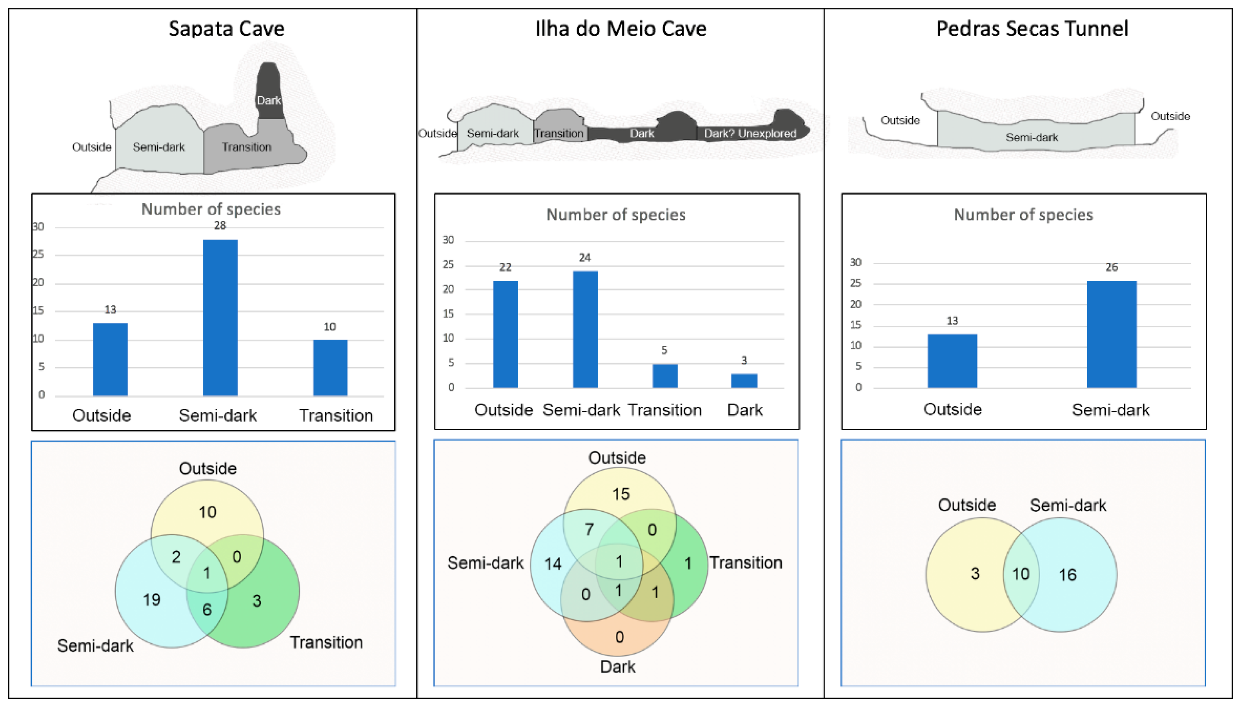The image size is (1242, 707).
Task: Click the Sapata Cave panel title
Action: [226, 29]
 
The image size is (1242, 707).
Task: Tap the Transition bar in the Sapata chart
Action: [330, 368]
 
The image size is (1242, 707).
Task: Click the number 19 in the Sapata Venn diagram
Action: [152, 600]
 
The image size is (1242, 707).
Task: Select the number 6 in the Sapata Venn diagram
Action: [207, 610]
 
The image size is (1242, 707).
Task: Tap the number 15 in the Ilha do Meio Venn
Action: [620, 494]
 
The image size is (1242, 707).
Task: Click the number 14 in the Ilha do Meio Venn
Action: [553, 564]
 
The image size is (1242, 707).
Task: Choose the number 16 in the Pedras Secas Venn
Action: [1067, 575]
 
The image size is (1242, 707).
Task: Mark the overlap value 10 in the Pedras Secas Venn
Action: [1021, 574]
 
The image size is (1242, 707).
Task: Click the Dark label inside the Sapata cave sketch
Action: [269, 101]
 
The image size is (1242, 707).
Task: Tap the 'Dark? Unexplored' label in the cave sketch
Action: [750, 133]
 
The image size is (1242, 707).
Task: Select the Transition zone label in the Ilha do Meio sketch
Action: [559, 133]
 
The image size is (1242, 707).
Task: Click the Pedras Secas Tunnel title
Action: [1032, 29]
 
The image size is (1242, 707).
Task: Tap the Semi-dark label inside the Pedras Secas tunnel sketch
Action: [1032, 137]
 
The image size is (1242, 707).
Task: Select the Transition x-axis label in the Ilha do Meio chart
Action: [664, 410]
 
